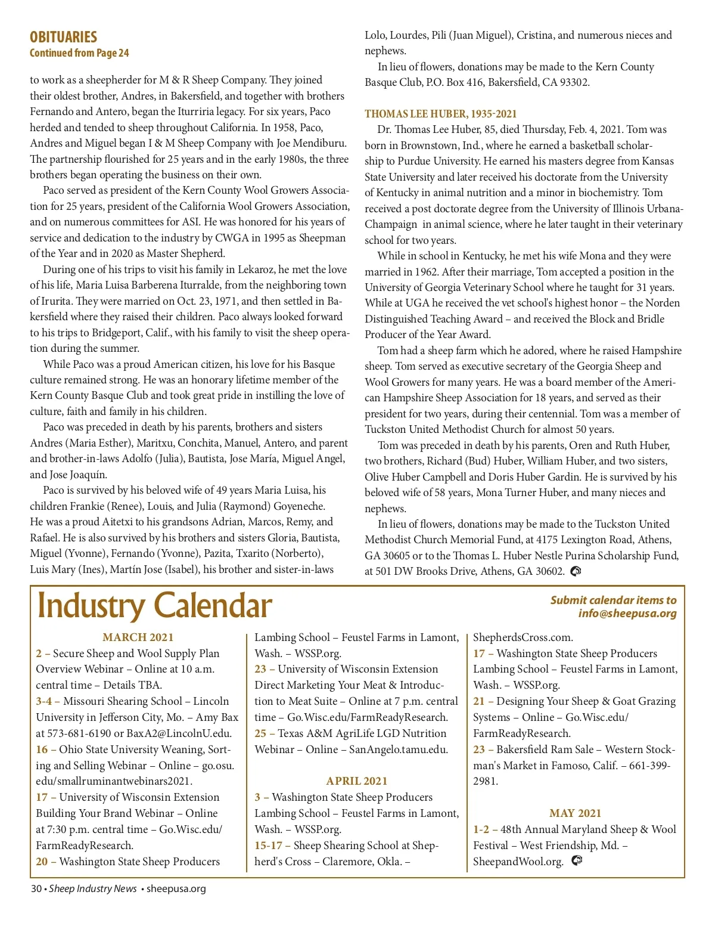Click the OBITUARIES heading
tap(63, 37)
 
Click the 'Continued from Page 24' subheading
tap(79, 53)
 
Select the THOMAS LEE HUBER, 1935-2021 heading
tap(440, 114)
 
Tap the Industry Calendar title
tap(154, 606)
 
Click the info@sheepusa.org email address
tap(627, 614)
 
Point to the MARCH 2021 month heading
tap(138, 637)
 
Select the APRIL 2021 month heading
tap(356, 781)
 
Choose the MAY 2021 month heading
tap(575, 813)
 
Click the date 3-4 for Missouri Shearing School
tap(43, 701)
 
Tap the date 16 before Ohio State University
tap(42, 750)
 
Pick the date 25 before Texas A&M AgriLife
tap(260, 733)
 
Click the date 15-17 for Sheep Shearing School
tap(268, 846)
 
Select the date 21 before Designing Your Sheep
tap(479, 701)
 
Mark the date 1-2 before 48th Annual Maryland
tap(481, 829)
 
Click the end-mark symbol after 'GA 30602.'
tap(576, 571)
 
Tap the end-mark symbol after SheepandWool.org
tap(576, 861)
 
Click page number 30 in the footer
tap(36, 889)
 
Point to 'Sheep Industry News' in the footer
tap(93, 889)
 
